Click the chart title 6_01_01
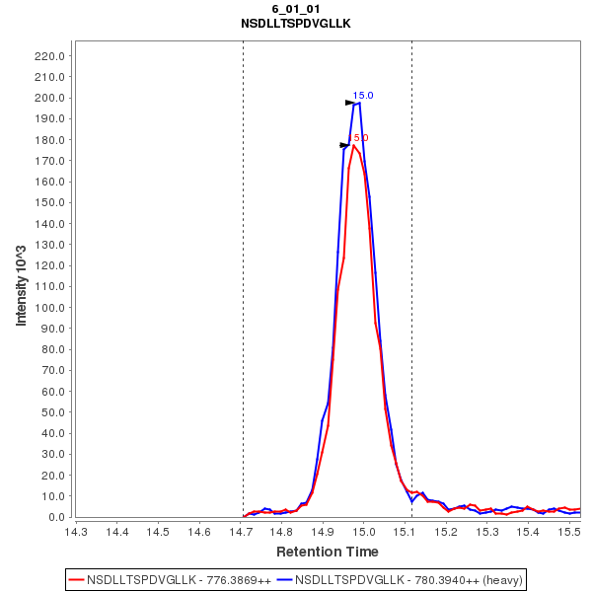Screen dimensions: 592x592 pyautogui.click(x=296, y=9)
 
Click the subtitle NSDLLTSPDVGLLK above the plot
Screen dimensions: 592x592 pyautogui.click(x=296, y=22)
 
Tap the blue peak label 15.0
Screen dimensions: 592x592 pyautogui.click(x=363, y=96)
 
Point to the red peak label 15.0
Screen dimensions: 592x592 pyautogui.click(x=360, y=138)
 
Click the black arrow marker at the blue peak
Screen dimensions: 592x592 pyautogui.click(x=350, y=103)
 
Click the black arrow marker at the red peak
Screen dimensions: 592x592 pyautogui.click(x=345, y=145)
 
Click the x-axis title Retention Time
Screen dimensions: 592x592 pyautogui.click(x=327, y=552)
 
